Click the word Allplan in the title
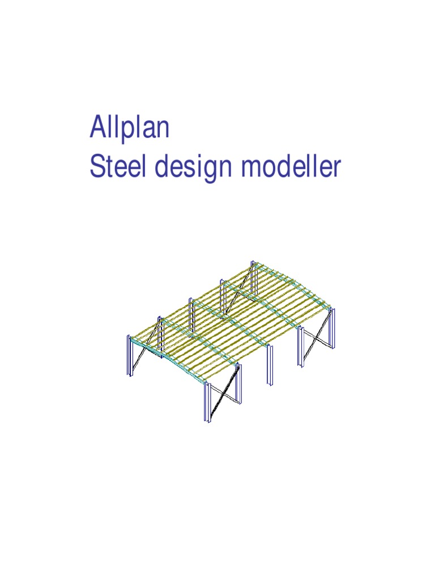[x=129, y=129]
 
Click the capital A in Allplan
[x=97, y=128]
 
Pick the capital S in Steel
[x=97, y=167]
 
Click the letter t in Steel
[x=108, y=167]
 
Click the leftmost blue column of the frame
[x=130, y=356]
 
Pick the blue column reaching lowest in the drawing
[x=208, y=404]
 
